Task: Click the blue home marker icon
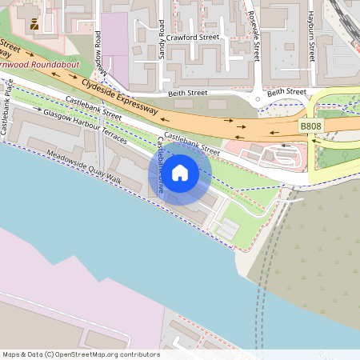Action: point(179,172)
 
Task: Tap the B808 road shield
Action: point(310,126)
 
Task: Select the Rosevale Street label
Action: point(255,40)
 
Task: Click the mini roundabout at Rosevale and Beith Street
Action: point(257,99)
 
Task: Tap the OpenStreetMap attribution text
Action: point(80,354)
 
